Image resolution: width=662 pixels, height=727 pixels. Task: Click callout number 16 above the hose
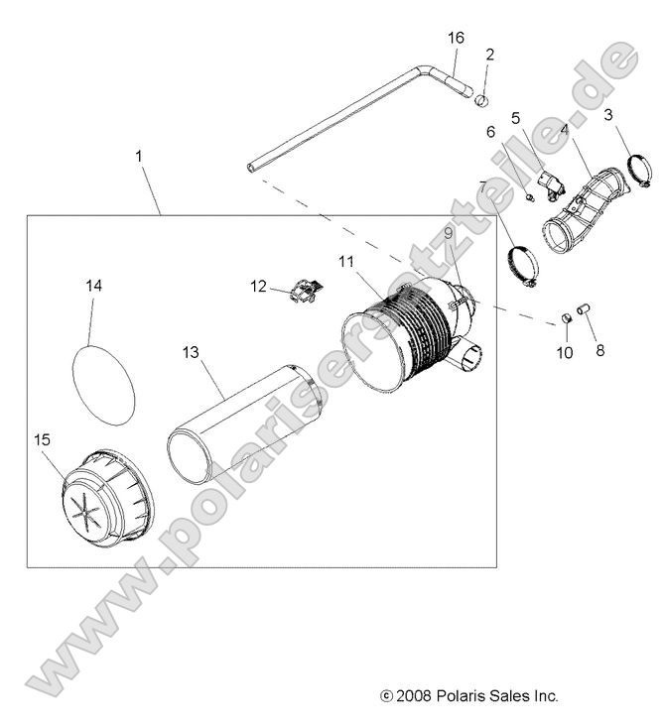[x=456, y=38]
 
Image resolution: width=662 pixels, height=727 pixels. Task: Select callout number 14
[x=93, y=285]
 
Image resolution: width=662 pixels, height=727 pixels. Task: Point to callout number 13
[x=191, y=351]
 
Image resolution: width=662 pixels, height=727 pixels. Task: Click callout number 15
[x=42, y=439]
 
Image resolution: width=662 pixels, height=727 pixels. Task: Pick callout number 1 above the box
[x=139, y=156]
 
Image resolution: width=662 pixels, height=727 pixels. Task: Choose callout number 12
[x=258, y=287]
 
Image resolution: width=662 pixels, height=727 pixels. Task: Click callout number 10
[x=564, y=352]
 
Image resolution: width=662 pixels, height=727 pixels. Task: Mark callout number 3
[x=607, y=115]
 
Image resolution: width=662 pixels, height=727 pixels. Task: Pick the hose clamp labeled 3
[x=636, y=167]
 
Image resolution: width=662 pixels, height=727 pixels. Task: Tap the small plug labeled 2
[x=481, y=98]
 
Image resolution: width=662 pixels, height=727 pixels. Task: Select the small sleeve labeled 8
[x=583, y=309]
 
